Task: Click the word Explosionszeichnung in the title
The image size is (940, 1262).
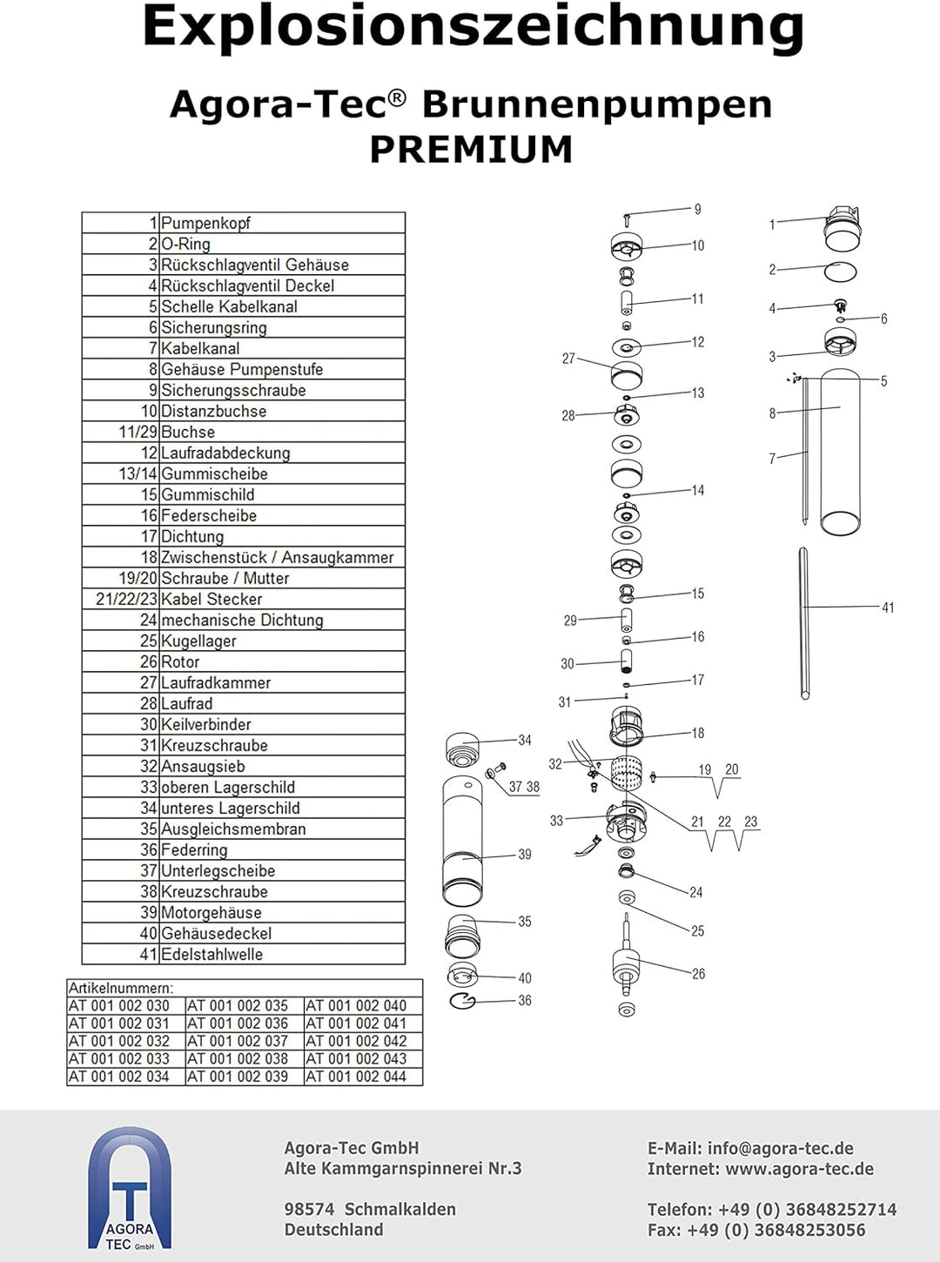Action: pyautogui.click(x=473, y=26)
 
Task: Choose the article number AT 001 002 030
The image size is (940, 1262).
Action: pyautogui.click(x=119, y=1006)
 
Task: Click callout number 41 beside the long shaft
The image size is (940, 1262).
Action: pyautogui.click(x=887, y=608)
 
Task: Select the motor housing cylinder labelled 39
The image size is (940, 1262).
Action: pyautogui.click(x=462, y=842)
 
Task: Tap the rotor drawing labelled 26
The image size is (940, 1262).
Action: pyautogui.click(x=626, y=966)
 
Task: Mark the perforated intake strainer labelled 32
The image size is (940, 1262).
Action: pyautogui.click(x=626, y=774)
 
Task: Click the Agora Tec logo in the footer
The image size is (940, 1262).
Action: pyautogui.click(x=130, y=1189)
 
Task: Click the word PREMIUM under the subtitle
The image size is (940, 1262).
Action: pyautogui.click(x=471, y=150)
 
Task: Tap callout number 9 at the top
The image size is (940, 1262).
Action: pyautogui.click(x=697, y=209)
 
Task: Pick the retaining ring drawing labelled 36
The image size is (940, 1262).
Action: pyautogui.click(x=463, y=1001)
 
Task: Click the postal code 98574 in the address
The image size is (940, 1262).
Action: pyautogui.click(x=309, y=1209)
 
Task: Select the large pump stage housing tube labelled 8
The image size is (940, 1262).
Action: pyautogui.click(x=840, y=453)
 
